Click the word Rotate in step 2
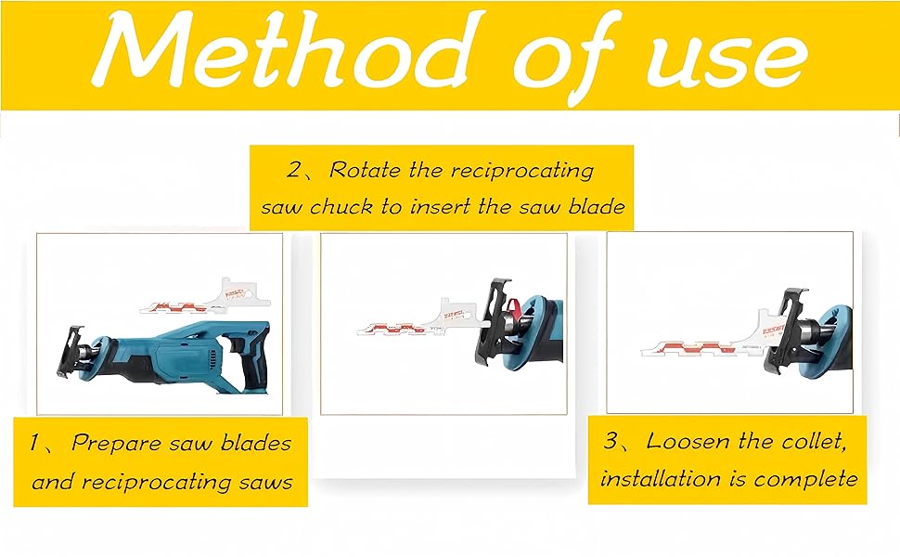(365, 170)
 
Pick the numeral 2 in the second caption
(294, 170)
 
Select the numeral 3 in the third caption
(611, 441)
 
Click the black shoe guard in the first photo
(69, 352)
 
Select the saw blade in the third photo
(712, 333)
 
